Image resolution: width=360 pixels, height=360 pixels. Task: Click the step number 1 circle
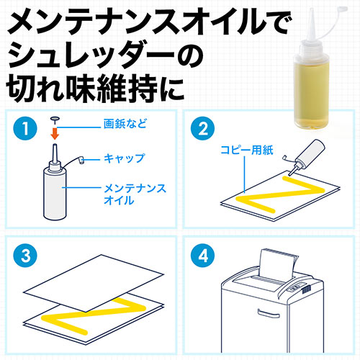(x=25, y=128)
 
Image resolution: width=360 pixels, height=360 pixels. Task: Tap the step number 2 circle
(x=203, y=128)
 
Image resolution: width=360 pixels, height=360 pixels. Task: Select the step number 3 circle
(x=25, y=256)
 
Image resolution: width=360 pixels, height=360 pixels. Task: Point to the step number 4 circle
(x=203, y=256)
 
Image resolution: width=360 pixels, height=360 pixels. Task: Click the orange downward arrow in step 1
(x=55, y=134)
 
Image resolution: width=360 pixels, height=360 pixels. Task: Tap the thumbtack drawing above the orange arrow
(x=55, y=120)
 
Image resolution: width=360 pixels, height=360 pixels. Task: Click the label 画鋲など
(x=125, y=124)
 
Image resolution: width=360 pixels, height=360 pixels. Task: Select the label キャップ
(x=125, y=158)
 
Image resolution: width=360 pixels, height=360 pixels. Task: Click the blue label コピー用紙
(x=247, y=150)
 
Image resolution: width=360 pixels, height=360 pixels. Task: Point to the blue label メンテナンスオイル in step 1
(x=135, y=194)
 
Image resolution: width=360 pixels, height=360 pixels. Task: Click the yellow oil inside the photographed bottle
(x=311, y=96)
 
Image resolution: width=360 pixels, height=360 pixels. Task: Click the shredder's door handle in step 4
(x=269, y=313)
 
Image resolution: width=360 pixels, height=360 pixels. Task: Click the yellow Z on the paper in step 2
(x=279, y=194)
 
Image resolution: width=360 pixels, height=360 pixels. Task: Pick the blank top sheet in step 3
(x=94, y=283)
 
